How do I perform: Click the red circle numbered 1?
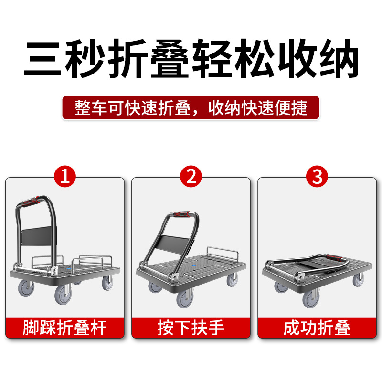click(x=65, y=177)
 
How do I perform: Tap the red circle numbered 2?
click(x=191, y=177)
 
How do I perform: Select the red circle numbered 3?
click(x=317, y=177)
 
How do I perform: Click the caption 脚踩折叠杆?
click(x=65, y=328)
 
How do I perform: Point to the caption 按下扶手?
click(x=191, y=328)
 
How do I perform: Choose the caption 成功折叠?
click(x=317, y=328)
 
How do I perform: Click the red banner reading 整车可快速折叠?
click(x=191, y=108)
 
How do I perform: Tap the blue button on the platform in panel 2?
click(x=194, y=263)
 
